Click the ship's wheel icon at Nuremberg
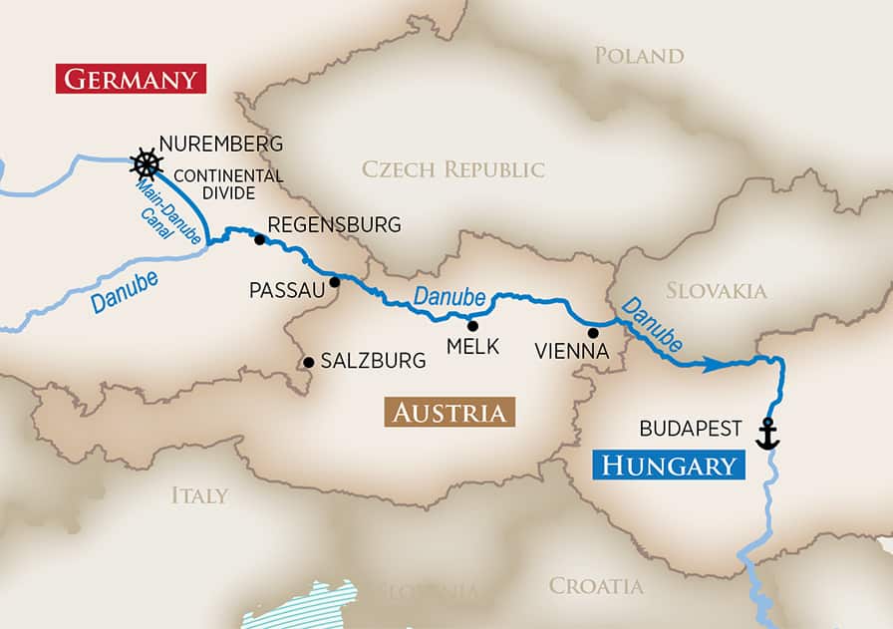point(147,162)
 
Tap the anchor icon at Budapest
point(766,434)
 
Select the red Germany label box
point(130,78)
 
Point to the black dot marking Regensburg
point(259,239)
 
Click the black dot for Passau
point(335,282)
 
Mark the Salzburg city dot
point(309,362)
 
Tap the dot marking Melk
point(472,325)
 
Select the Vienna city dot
point(593,333)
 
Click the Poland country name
point(639,56)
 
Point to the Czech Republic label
point(453,169)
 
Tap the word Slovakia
point(716,291)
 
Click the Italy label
point(198,495)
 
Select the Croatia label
point(596,586)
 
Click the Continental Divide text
point(228,185)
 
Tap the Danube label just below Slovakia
point(652,324)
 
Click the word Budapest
point(691,429)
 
